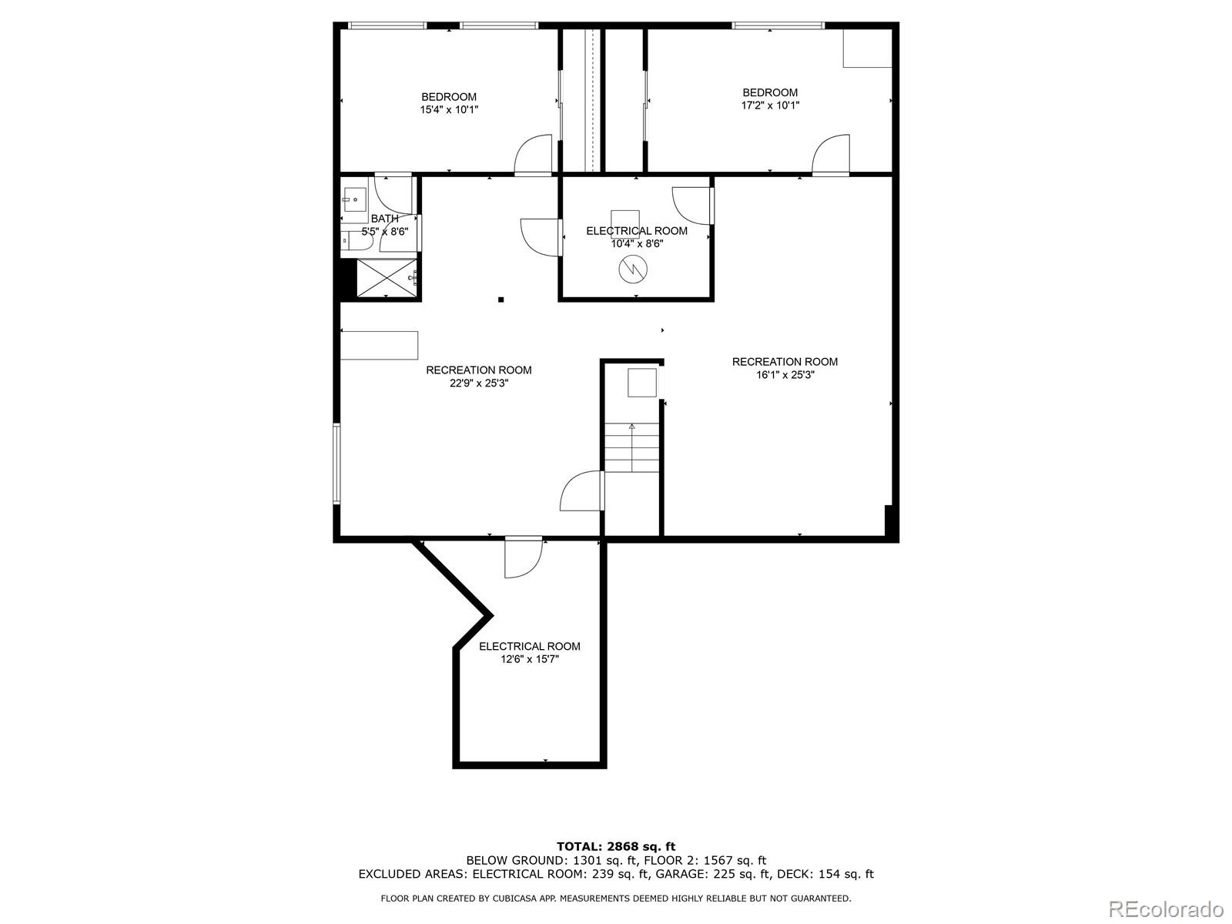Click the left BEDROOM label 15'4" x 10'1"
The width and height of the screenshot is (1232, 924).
pos(449,103)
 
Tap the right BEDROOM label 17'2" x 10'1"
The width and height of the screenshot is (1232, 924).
pos(770,99)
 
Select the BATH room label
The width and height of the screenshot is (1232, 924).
pos(384,219)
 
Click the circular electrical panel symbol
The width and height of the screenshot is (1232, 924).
pos(632,268)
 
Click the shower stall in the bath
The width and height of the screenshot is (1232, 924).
pos(386,278)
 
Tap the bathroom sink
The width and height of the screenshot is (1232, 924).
pos(354,200)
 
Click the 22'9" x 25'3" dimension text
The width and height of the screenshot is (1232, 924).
pos(479,383)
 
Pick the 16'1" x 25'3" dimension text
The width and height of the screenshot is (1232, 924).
pos(785,375)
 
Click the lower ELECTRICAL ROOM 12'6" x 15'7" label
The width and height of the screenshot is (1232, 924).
pos(530,652)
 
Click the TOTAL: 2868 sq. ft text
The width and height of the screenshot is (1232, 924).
pos(616,846)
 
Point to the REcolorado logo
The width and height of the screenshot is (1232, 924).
pos(1166,908)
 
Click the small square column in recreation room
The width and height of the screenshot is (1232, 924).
pos(500,300)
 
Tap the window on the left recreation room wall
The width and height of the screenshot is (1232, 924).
pos(336,462)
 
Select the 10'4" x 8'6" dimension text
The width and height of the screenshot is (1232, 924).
pos(636,243)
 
